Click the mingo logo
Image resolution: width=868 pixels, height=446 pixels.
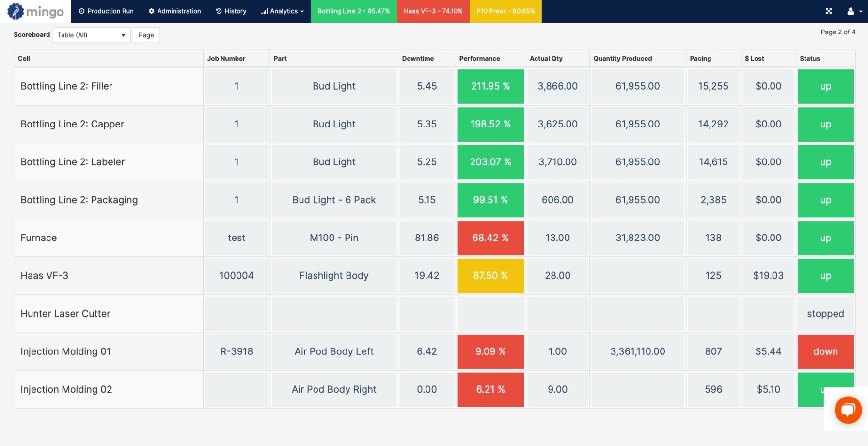(35, 11)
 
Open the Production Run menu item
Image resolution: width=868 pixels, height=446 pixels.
(106, 11)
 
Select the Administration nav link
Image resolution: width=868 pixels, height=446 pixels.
(174, 11)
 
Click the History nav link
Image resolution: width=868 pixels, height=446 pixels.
(231, 11)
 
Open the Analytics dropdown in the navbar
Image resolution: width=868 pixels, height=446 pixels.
(283, 11)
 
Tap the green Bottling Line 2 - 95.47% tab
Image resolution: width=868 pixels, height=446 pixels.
(353, 11)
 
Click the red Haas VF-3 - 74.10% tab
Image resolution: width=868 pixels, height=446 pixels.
(433, 11)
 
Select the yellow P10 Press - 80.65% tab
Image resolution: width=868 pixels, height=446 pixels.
(505, 11)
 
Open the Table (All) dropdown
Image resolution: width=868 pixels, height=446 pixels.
(91, 35)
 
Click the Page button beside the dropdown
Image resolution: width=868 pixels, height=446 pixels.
(146, 35)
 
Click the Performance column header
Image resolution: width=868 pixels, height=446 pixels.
(479, 58)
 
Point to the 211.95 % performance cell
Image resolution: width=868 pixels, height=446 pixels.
(490, 86)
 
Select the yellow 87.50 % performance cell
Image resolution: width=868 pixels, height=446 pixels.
(490, 276)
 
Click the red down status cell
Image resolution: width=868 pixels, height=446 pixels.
(825, 351)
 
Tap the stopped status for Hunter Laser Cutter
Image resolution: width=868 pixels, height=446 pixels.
(825, 314)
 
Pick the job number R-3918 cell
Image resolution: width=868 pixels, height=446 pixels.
(237, 351)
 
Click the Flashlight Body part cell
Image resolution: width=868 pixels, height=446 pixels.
(334, 276)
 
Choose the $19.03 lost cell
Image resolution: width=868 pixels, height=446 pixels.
(768, 276)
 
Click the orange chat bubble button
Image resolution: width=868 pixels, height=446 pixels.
(848, 410)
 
